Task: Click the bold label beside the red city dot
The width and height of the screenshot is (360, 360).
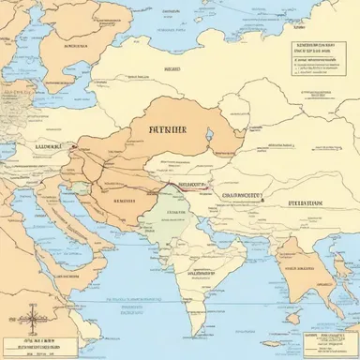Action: tap(45, 146)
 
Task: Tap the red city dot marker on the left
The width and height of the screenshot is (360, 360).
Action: tap(71, 146)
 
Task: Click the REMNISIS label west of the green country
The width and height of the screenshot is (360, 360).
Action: tap(125, 200)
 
